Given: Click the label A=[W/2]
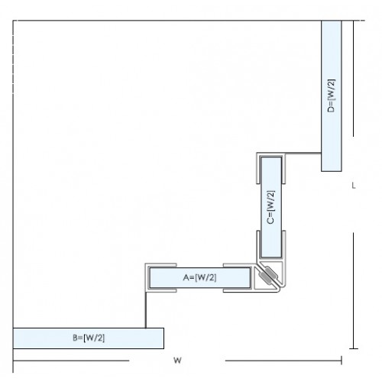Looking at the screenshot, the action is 199,277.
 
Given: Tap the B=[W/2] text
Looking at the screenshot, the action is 89,338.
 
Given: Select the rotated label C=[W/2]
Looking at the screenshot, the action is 271,207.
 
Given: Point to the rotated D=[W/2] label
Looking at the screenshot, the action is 332,95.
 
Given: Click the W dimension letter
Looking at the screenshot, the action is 177,361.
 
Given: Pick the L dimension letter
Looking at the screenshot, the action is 354,186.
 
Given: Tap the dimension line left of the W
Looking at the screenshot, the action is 71,361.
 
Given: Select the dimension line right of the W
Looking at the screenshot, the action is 283,361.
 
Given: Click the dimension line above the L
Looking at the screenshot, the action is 353,79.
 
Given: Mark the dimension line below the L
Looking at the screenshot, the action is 354,290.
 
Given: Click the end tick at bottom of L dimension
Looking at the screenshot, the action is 354,348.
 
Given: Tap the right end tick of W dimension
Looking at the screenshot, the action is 342,361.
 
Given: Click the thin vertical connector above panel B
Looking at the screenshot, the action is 146,310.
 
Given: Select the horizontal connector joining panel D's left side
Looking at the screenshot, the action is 303,154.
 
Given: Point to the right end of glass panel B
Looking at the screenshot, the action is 163,338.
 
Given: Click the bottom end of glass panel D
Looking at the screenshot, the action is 332,171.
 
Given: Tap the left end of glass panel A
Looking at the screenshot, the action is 150,277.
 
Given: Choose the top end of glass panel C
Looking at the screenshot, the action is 271,158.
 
